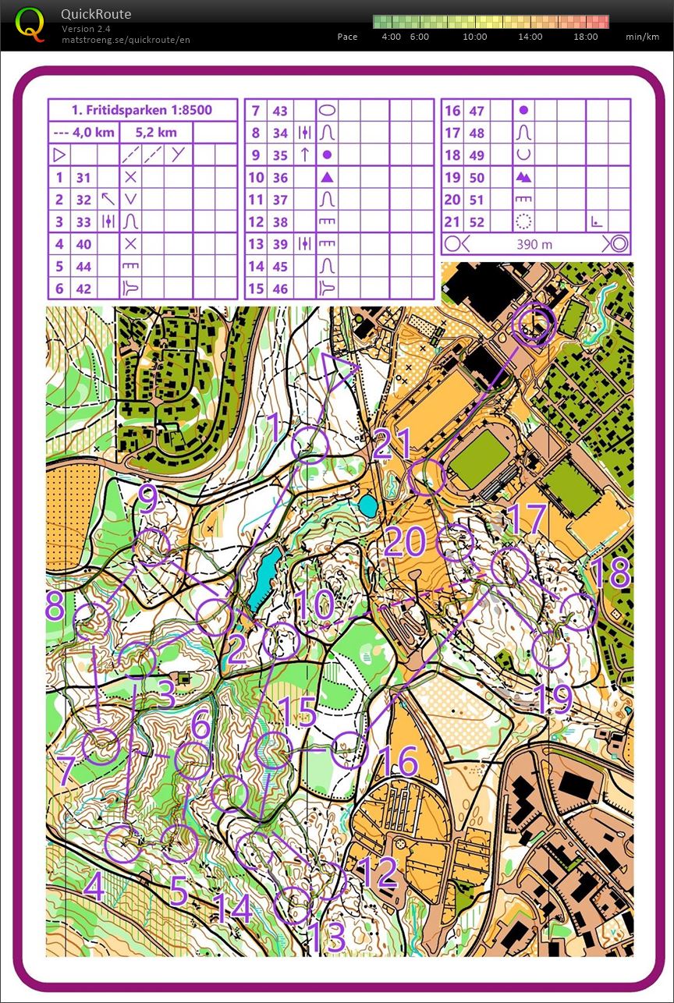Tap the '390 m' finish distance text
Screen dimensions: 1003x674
coord(534,244)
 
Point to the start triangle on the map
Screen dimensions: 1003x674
coord(338,371)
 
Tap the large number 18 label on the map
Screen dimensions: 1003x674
coord(615,573)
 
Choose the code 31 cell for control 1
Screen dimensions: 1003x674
coord(83,178)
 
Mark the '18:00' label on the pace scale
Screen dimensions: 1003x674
coord(585,37)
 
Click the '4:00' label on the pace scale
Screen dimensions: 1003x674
coord(391,37)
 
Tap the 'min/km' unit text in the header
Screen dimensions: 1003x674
coord(643,37)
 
